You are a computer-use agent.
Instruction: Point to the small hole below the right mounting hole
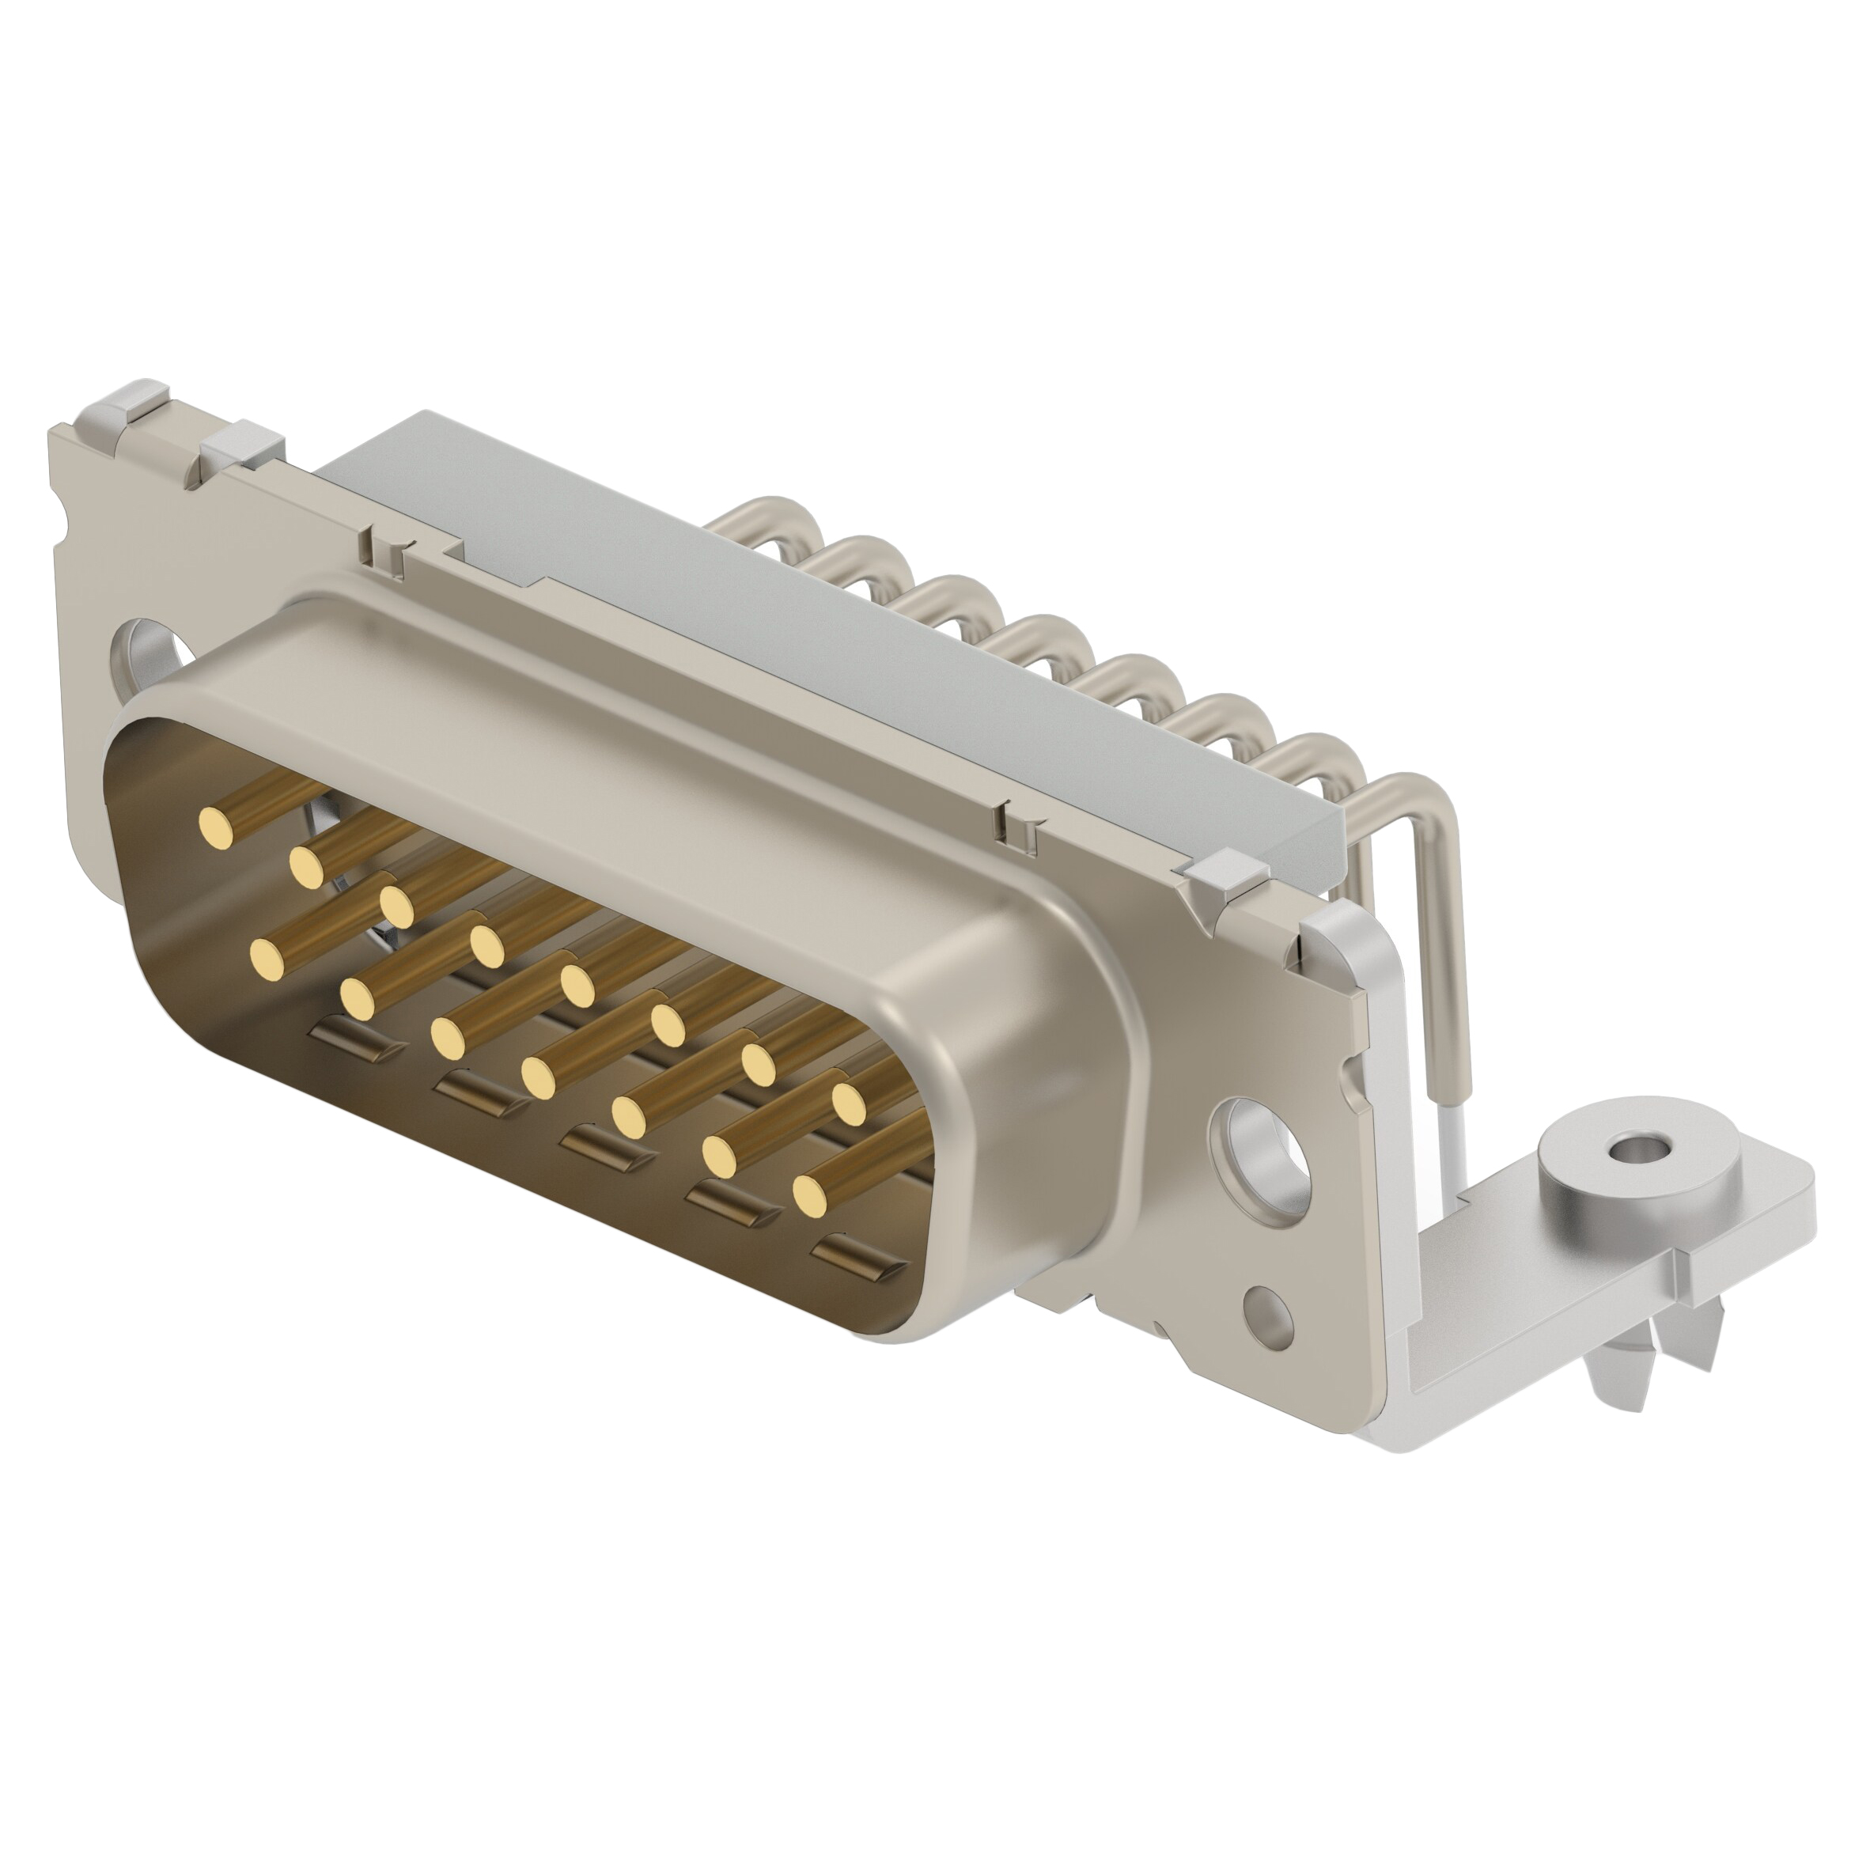point(1271,1316)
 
